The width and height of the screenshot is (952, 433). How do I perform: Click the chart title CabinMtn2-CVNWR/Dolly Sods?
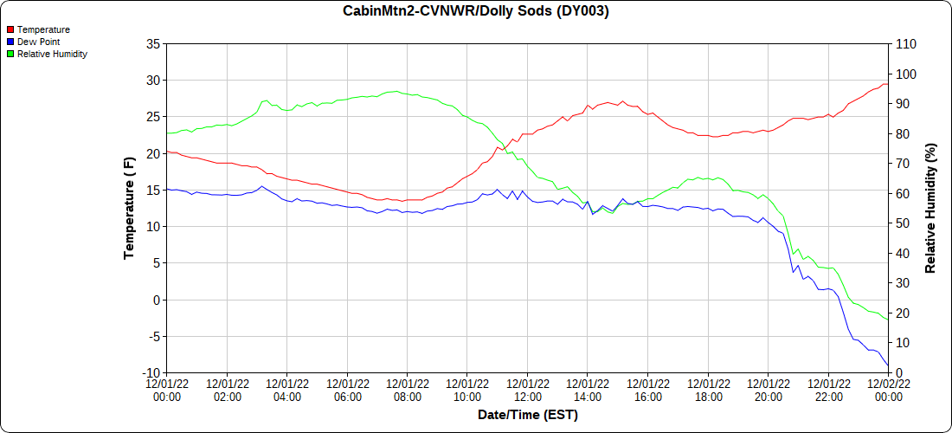(x=476, y=11)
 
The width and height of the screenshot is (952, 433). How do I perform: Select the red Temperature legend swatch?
(x=10, y=29)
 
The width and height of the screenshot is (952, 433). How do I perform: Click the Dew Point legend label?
(x=38, y=42)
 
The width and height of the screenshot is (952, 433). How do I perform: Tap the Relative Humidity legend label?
(x=52, y=54)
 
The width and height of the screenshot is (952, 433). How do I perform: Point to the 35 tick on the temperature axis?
(x=152, y=44)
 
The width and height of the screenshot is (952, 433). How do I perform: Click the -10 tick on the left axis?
(x=150, y=373)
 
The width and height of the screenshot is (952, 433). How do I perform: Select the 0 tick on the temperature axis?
(x=156, y=301)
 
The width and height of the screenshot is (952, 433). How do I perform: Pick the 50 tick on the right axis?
(x=902, y=223)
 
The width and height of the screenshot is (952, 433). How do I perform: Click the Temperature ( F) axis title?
(x=129, y=208)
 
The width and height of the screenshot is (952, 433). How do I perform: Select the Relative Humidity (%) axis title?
(x=930, y=208)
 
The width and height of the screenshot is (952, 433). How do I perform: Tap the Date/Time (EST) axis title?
(x=527, y=415)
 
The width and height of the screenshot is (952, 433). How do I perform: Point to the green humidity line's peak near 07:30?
(x=395, y=91)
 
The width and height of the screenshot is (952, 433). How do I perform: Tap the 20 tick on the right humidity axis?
(x=902, y=313)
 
